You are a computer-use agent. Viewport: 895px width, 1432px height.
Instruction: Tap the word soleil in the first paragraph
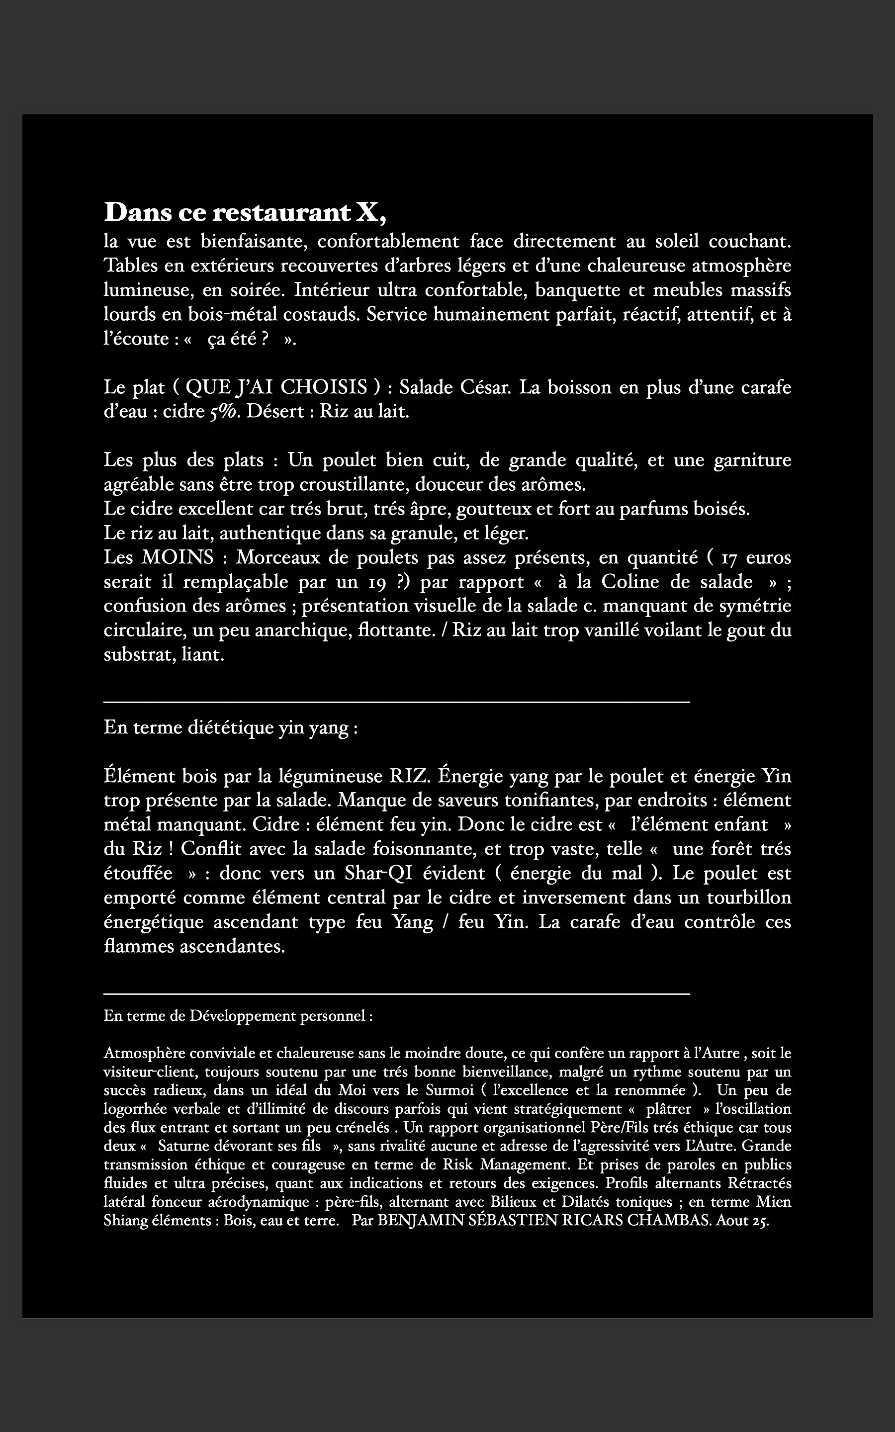click(x=677, y=242)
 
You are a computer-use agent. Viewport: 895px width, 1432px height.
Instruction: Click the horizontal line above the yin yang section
click(x=397, y=702)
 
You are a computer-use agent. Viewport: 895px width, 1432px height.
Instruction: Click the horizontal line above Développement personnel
click(x=397, y=993)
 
